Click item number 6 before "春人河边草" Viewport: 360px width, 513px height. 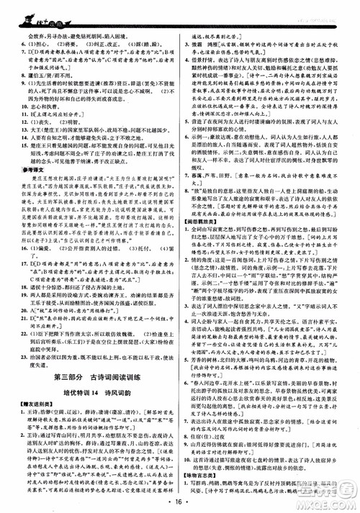[x=188, y=386]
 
